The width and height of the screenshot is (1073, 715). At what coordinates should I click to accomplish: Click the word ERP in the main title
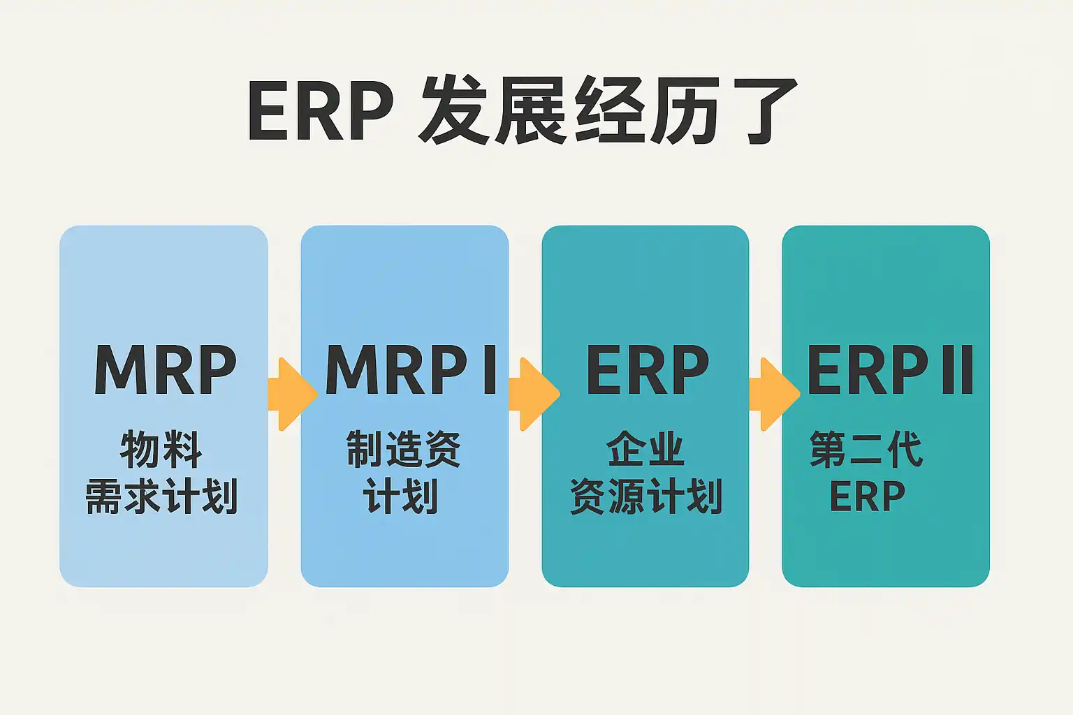click(x=321, y=112)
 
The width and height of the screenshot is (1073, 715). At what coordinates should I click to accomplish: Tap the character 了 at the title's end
click(x=760, y=112)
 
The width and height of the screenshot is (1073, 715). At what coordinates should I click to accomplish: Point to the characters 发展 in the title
click(x=493, y=112)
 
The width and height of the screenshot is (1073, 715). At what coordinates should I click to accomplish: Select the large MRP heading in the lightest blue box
click(x=166, y=370)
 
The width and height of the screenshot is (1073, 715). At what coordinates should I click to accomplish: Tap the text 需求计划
click(x=161, y=496)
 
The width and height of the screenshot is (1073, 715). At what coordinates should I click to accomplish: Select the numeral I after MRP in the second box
click(x=489, y=370)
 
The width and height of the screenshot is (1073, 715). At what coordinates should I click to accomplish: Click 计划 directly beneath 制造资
click(x=401, y=496)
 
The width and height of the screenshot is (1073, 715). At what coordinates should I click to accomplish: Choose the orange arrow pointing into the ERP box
click(x=533, y=394)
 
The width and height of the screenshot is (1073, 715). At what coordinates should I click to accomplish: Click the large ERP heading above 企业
click(x=647, y=370)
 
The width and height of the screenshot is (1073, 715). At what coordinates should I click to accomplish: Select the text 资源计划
click(x=645, y=496)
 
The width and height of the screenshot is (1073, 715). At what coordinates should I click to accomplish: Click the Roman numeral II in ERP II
click(x=957, y=370)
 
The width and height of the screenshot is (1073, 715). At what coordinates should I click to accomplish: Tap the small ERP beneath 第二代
click(x=867, y=496)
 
